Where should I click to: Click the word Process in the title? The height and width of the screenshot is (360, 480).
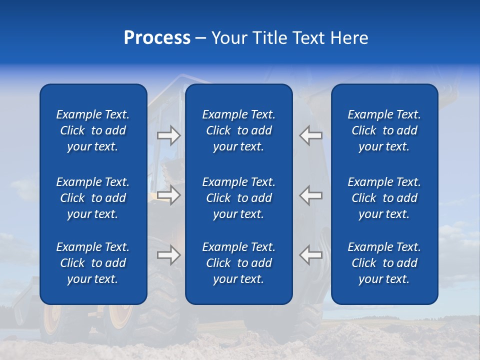click(x=157, y=38)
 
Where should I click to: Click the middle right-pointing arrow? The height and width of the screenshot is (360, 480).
click(x=168, y=195)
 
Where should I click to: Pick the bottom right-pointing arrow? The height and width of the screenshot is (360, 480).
click(x=168, y=255)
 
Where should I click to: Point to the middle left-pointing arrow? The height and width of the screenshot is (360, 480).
click(x=311, y=195)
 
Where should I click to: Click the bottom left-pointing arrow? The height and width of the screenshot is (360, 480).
click(x=311, y=255)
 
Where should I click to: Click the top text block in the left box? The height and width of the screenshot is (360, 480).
click(x=93, y=130)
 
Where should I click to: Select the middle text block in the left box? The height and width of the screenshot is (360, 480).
click(x=93, y=198)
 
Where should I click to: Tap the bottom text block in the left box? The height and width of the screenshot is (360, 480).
click(x=93, y=263)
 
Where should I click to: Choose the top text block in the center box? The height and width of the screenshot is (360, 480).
click(x=238, y=130)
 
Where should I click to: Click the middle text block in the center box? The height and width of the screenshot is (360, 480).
click(x=238, y=198)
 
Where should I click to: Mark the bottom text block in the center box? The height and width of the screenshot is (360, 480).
click(x=238, y=263)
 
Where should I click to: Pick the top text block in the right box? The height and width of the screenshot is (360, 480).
click(x=384, y=130)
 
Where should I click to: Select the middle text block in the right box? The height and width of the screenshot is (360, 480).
click(x=384, y=198)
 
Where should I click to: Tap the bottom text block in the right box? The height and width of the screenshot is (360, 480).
click(x=384, y=263)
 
